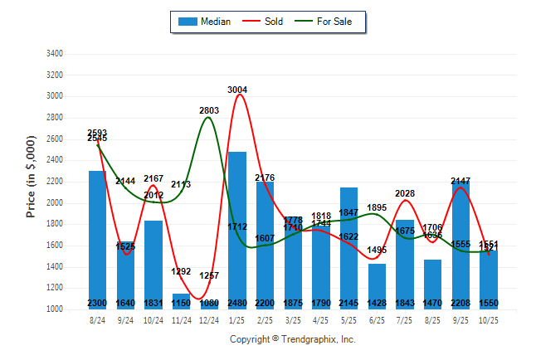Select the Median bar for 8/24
(x=98, y=240)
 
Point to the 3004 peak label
(x=237, y=90)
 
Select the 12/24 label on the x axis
(x=209, y=319)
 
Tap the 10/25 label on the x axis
(x=489, y=319)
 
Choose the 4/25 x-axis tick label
(x=321, y=319)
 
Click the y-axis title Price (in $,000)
(x=31, y=181)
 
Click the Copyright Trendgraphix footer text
(x=292, y=339)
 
